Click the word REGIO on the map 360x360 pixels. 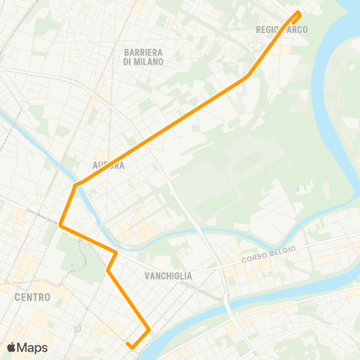[268, 30]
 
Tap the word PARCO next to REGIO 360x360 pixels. [297, 30]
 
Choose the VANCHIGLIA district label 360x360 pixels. [167, 276]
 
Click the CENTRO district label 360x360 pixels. [32, 297]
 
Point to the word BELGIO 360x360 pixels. [284, 250]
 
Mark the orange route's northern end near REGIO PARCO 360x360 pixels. [298, 12]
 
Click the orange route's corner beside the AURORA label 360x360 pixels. [75, 184]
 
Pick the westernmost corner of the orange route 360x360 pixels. [60, 223]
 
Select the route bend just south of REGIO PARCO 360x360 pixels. [247, 76]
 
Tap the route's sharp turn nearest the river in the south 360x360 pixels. [149, 329]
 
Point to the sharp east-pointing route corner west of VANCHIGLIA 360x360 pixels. [116, 252]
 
